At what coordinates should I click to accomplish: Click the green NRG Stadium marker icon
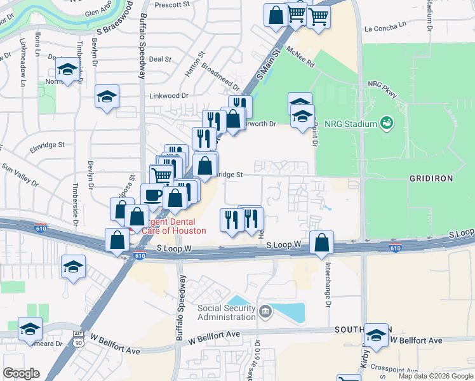385,122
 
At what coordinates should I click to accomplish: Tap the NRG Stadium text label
351,123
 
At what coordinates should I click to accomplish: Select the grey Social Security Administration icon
265,311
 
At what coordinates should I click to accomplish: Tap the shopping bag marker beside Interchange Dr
323,242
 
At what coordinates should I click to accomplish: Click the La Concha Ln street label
385,28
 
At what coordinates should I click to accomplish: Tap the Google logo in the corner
21,373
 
